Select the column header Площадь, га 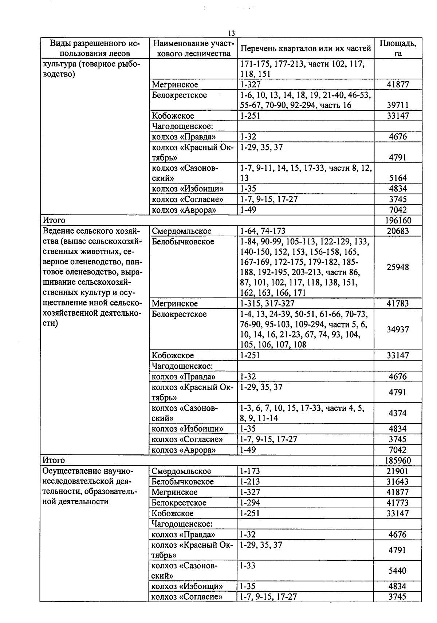pyautogui.click(x=398, y=48)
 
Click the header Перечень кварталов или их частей pyautogui.click(x=306, y=48)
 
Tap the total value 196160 pyautogui.click(x=398, y=221)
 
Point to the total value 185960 pyautogui.click(x=398, y=461)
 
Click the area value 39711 pyautogui.click(x=398, y=105)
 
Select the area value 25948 pyautogui.click(x=398, y=267)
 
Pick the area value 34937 pyautogui.click(x=398, y=330)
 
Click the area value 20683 pyautogui.click(x=398, y=231)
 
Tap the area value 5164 pyautogui.click(x=398, y=178)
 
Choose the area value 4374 pyautogui.click(x=398, y=413)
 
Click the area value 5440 pyautogui.click(x=398, y=571)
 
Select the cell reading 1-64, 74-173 pyautogui.click(x=263, y=231)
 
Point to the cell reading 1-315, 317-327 pyautogui.click(x=267, y=304)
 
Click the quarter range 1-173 pyautogui.click(x=250, y=471)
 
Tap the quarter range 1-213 pyautogui.click(x=250, y=482)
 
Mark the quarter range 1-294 pyautogui.click(x=250, y=503)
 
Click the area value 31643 pyautogui.click(x=398, y=482)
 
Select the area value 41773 pyautogui.click(x=398, y=503)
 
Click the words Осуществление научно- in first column pyautogui.click(x=88, y=471)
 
